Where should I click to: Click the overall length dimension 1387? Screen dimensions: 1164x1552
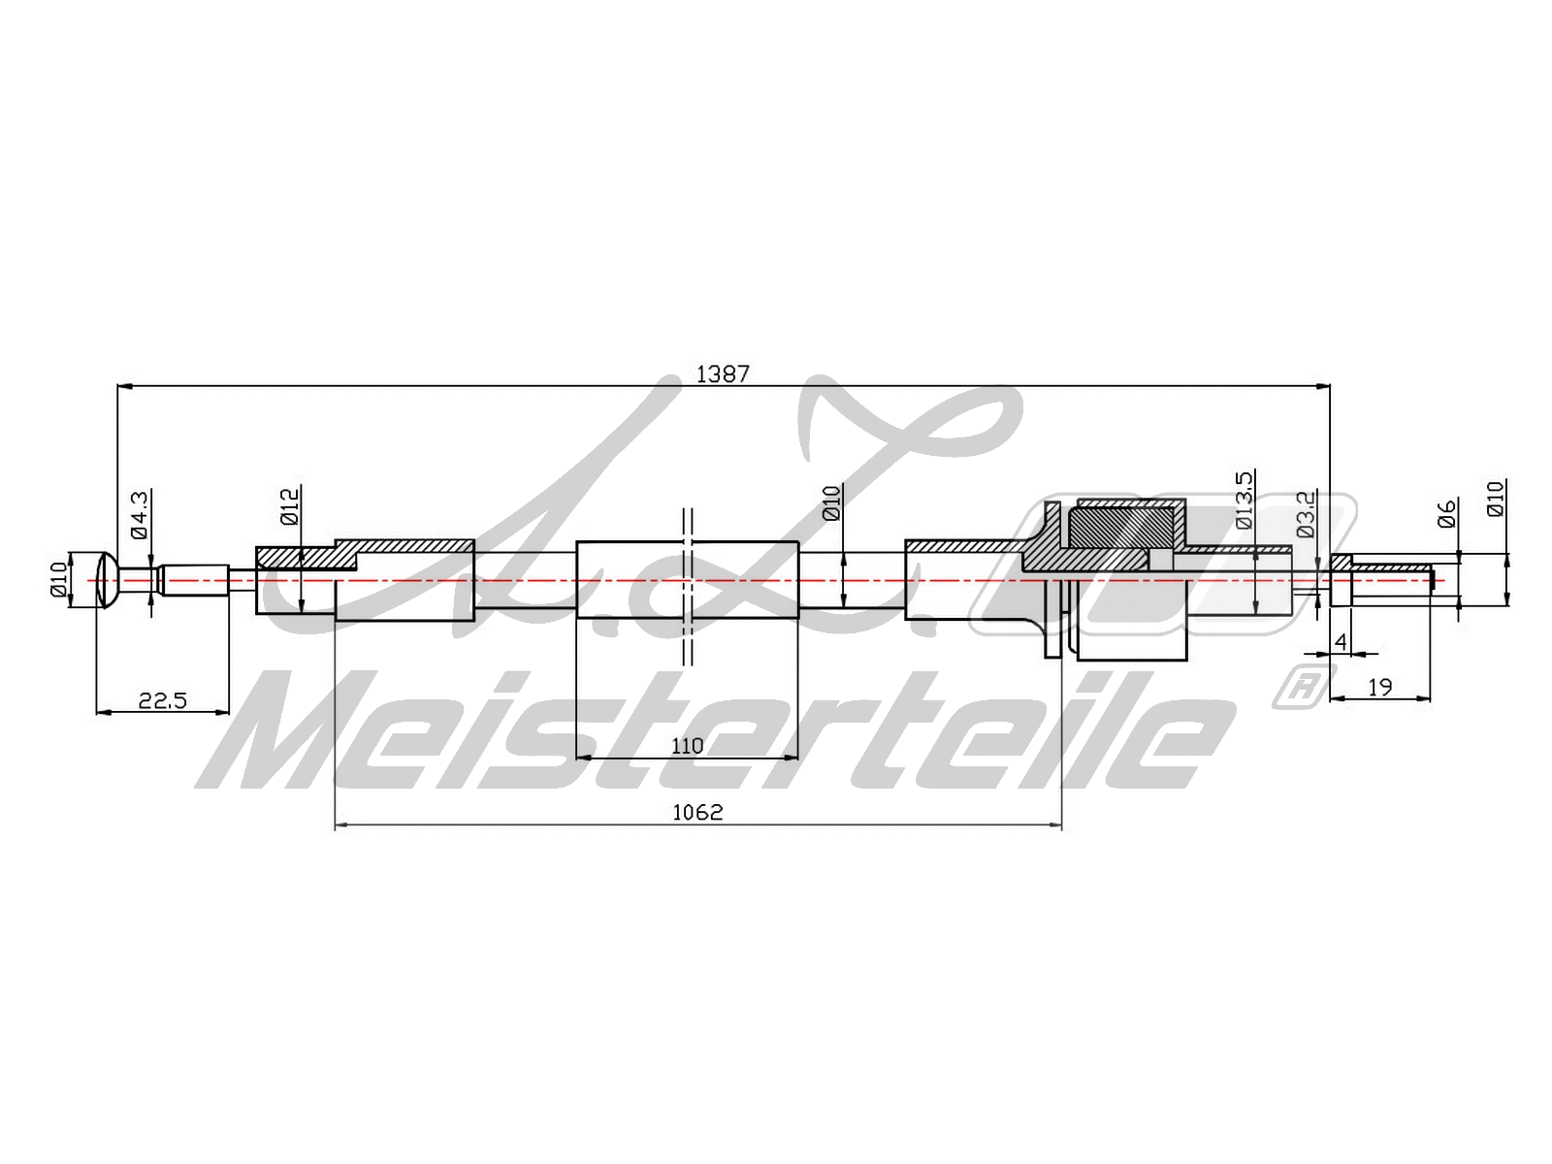click(723, 373)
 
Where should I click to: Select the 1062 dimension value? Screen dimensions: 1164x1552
click(697, 812)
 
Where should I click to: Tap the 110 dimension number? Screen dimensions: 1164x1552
click(687, 746)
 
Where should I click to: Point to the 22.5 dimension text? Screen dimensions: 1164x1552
click(162, 700)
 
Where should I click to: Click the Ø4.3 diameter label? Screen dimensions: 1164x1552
click(139, 514)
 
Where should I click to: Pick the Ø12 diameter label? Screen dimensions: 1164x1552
click(290, 506)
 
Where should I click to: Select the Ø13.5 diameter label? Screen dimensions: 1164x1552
click(1245, 500)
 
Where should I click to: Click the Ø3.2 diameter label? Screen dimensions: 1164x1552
click(1306, 514)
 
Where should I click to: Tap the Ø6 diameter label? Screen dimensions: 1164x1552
click(1446, 513)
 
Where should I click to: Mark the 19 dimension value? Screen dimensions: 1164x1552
click(1379, 688)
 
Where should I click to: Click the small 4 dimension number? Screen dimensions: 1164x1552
click(1341, 642)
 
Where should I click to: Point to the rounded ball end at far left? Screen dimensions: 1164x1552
click(108, 580)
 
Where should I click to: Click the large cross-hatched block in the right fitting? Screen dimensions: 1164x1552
click(1120, 527)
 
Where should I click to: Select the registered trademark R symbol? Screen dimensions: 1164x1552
click(1303, 686)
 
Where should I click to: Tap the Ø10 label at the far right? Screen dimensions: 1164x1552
click(1495, 498)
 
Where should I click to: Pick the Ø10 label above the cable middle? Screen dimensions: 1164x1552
click(831, 503)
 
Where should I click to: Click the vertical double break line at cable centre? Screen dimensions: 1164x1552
click(687, 587)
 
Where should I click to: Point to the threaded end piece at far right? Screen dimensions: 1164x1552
click(1387, 580)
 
